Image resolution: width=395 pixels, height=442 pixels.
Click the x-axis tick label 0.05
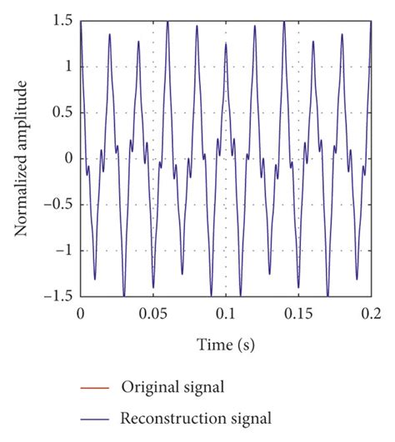[x=152, y=314]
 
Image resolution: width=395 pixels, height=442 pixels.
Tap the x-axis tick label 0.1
[x=225, y=314]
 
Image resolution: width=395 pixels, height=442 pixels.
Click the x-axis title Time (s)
[x=225, y=344]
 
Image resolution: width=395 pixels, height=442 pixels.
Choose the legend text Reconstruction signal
[x=196, y=416]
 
